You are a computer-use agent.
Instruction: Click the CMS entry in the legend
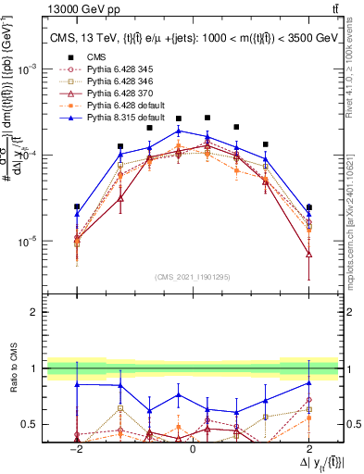95,58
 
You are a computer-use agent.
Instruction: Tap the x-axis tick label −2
78,447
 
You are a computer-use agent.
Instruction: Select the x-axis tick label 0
193,447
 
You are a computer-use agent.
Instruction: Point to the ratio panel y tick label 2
35,313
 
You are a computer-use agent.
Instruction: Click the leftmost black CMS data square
77,206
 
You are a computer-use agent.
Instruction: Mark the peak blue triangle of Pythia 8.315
179,131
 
